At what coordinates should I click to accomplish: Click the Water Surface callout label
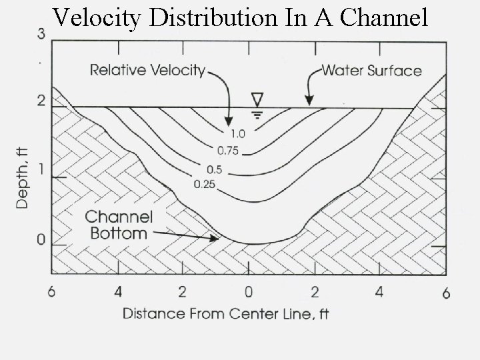(372, 70)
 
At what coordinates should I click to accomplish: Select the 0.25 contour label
(204, 185)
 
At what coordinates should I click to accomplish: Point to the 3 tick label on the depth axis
(41, 34)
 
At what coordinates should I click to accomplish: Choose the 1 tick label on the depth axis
(41, 169)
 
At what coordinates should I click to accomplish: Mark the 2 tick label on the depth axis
(41, 101)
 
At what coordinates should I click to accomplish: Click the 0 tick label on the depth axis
(41, 239)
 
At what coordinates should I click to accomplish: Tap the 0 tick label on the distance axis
(249, 292)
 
